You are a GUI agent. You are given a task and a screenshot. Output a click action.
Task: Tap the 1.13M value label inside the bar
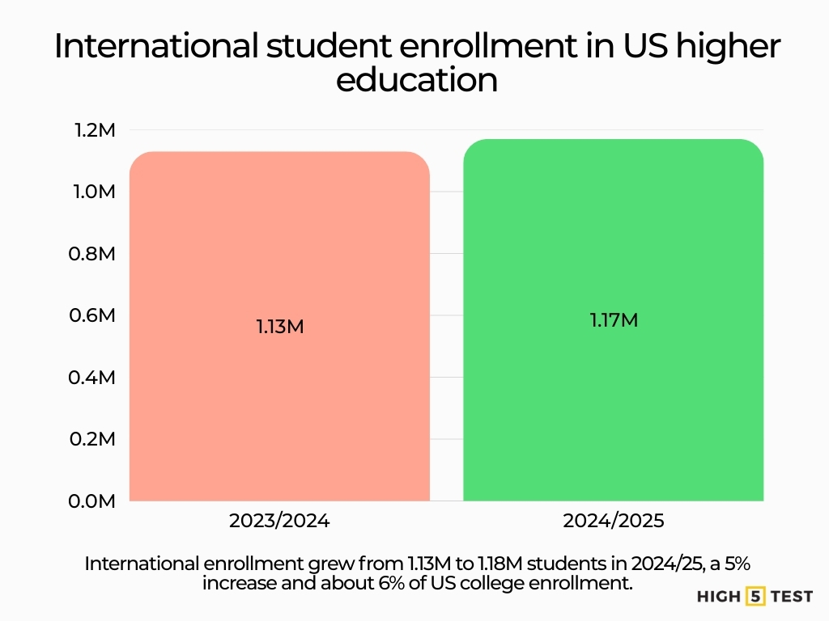coord(279,327)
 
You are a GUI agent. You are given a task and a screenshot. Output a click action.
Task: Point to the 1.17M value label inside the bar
coord(614,320)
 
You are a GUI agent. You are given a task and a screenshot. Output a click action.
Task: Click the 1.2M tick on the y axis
coord(96,130)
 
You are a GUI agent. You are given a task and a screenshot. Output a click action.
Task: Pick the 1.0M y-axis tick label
coord(96,192)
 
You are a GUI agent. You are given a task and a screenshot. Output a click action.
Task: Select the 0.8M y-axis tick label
coord(96,254)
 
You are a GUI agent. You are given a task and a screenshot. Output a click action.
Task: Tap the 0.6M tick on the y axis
coord(96,315)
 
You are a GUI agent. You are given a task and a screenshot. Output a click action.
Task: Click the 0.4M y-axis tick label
coord(96,378)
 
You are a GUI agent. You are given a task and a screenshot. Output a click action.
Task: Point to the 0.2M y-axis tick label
coord(96,439)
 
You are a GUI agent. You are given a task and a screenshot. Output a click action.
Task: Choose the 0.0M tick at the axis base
coord(96,501)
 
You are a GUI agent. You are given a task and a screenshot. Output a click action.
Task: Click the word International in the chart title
coord(155,47)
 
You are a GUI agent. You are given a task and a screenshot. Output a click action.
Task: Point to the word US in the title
coord(640,47)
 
